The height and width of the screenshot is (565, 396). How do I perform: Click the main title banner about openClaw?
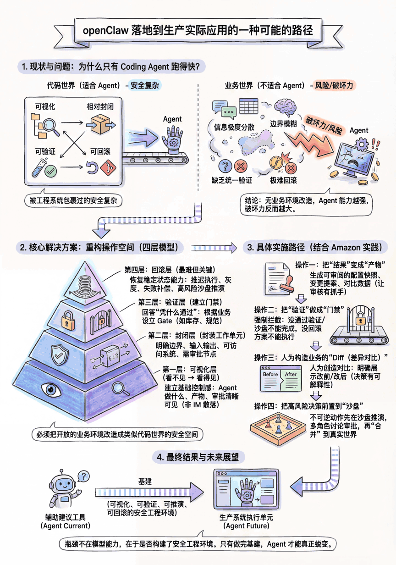coord(198,30)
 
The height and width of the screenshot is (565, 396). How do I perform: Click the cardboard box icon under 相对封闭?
coord(100,123)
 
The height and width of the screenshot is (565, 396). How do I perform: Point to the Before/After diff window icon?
coord(279,378)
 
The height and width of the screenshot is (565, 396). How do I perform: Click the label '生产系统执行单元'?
coord(246,517)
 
